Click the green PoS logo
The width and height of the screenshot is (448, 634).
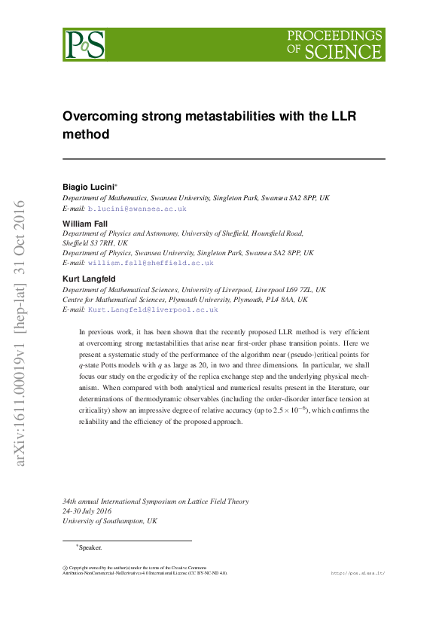(x=84, y=44)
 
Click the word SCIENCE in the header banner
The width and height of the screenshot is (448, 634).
(x=343, y=52)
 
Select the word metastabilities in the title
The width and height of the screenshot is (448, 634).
(x=226, y=117)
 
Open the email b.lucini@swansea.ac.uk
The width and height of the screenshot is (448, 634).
(x=137, y=208)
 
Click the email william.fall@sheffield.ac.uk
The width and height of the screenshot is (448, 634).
(x=151, y=263)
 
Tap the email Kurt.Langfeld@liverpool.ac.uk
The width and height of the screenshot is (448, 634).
(x=153, y=309)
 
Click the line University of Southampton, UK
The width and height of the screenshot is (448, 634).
(x=110, y=521)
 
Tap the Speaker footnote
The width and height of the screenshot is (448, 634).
(x=90, y=547)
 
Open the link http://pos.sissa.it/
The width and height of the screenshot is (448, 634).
(x=358, y=573)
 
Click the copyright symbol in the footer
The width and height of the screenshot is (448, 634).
(x=65, y=568)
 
